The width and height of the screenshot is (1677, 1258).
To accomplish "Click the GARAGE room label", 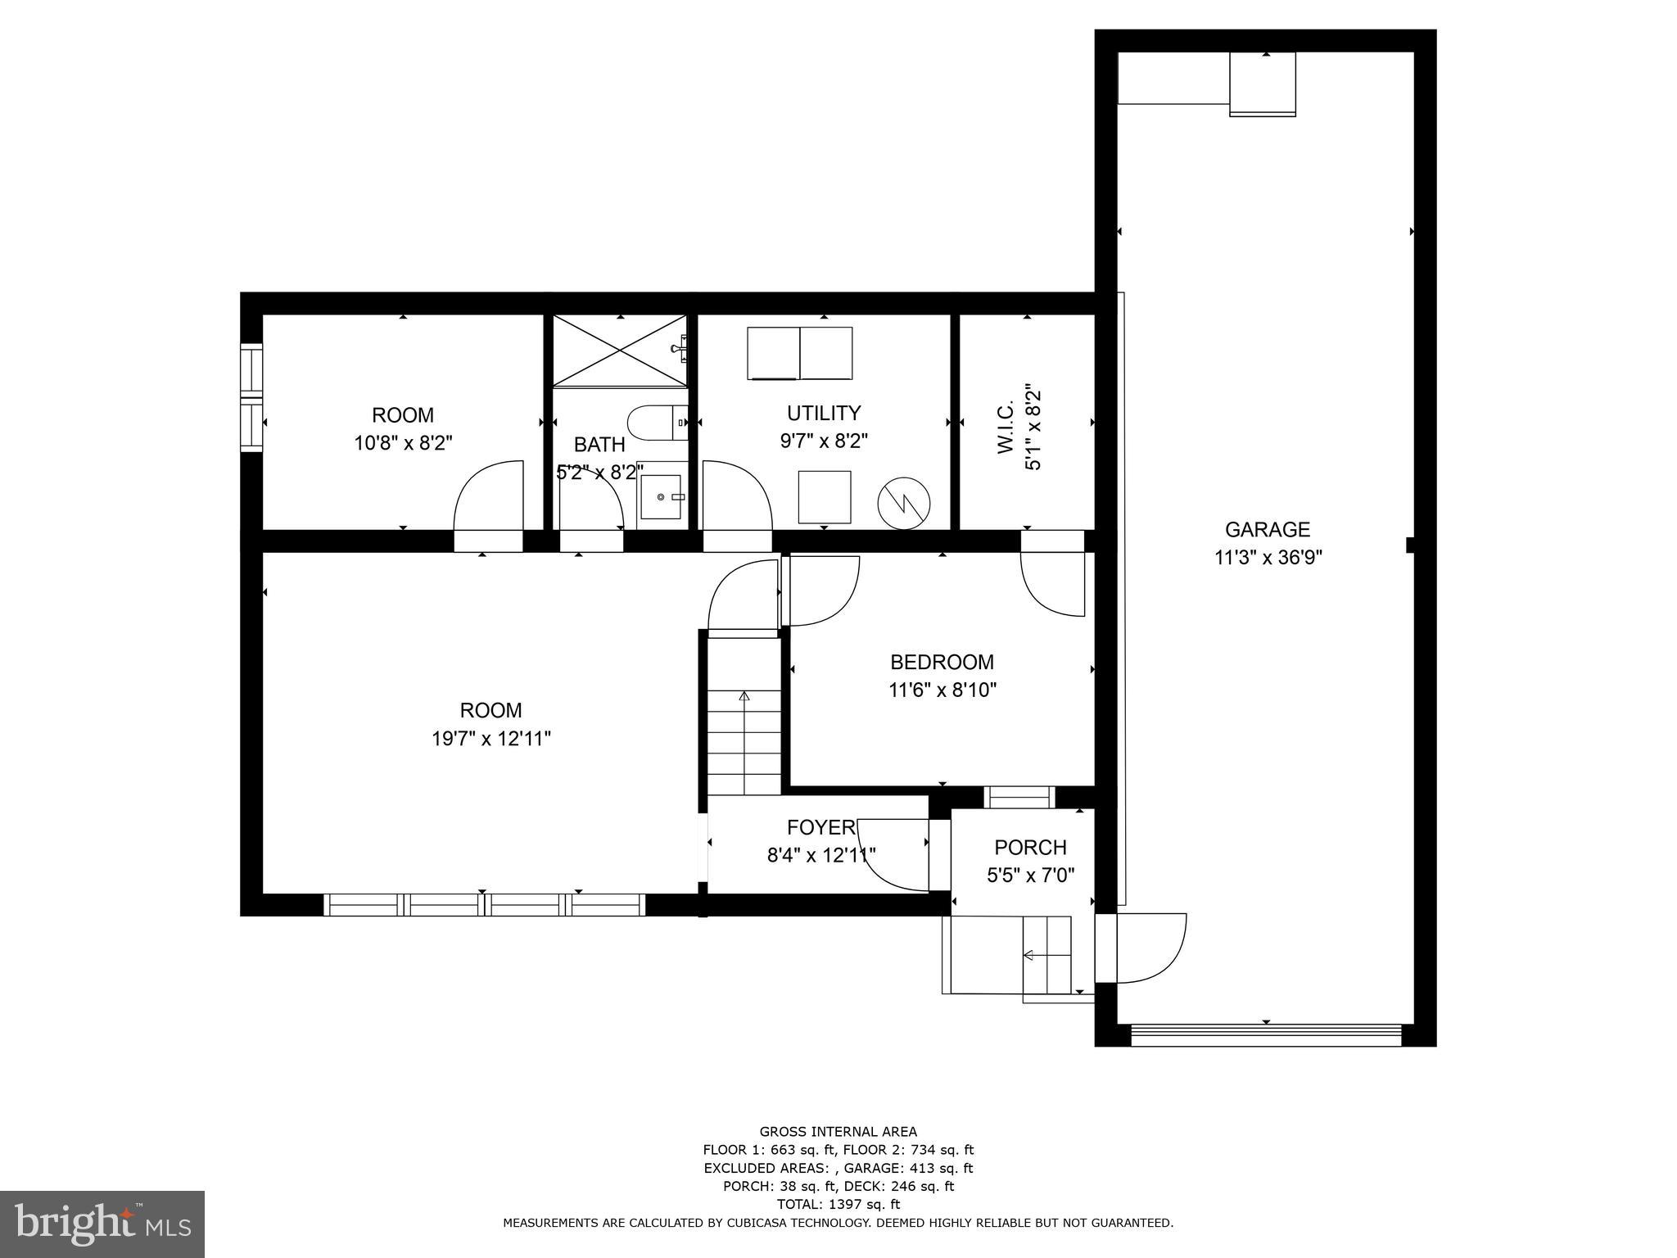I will pos(1267,529).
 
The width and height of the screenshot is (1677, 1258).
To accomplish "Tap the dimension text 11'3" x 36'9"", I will pos(1268,558).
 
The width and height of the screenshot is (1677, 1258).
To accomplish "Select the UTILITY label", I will pos(824,413).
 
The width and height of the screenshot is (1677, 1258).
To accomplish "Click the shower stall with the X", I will pos(620,351).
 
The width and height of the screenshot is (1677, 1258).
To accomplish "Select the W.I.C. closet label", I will pos(1006,427).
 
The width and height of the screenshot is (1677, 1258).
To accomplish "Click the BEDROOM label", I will pos(942,662).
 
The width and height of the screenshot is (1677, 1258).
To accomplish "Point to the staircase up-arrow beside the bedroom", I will pos(744,697).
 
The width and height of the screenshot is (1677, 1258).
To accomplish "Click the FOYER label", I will pos(820,826).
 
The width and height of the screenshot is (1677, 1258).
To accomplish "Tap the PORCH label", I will pos(1030,847).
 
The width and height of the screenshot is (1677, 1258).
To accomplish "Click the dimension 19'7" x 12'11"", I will pos(490,739).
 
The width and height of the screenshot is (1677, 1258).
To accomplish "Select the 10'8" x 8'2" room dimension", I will pos(403,443).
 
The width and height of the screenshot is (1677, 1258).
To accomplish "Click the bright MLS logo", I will pos(102,1224).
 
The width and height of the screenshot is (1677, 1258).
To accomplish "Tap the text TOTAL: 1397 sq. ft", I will pos(838,1204).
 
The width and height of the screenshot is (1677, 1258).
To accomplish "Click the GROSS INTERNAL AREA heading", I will pos(838,1132).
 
